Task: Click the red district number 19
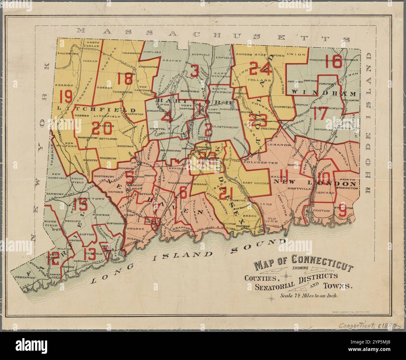point(66,97)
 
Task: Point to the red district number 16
point(333,62)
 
